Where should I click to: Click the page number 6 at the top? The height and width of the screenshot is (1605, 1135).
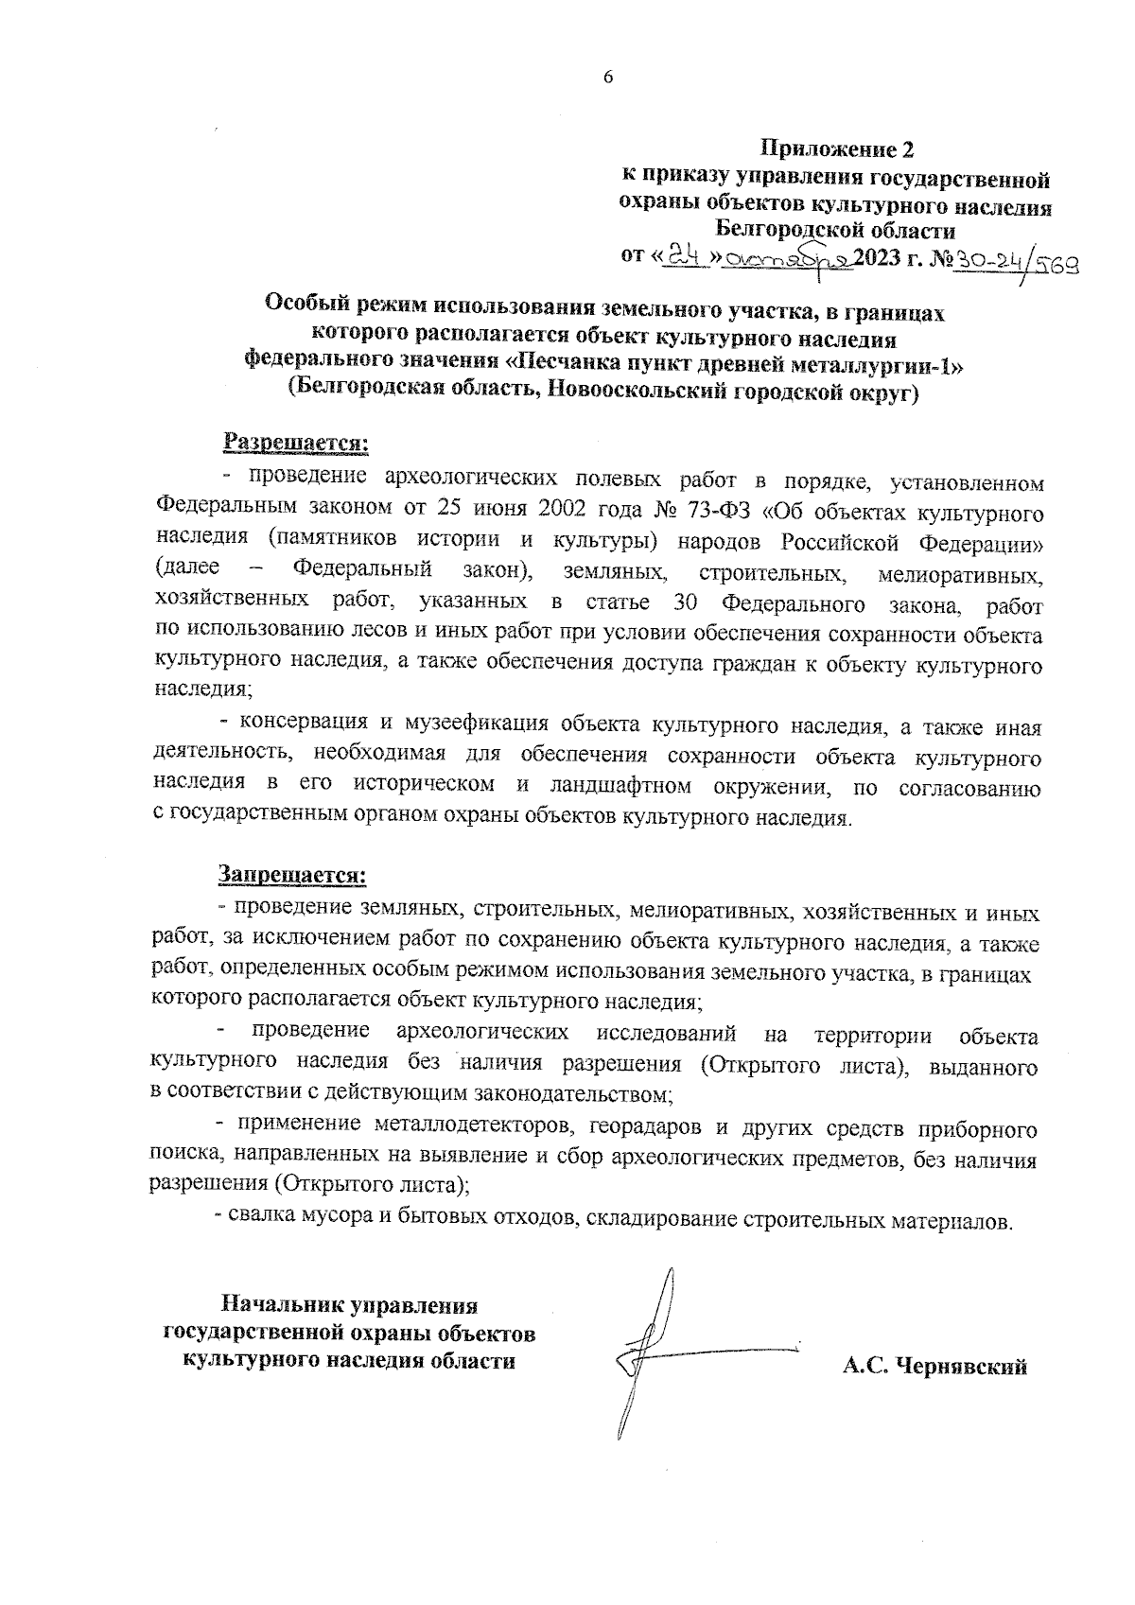coord(608,78)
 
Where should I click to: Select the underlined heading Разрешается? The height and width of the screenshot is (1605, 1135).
coord(294,442)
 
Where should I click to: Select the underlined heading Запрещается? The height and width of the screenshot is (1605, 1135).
coord(292,874)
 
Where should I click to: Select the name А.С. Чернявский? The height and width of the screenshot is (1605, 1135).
coord(934,1368)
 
